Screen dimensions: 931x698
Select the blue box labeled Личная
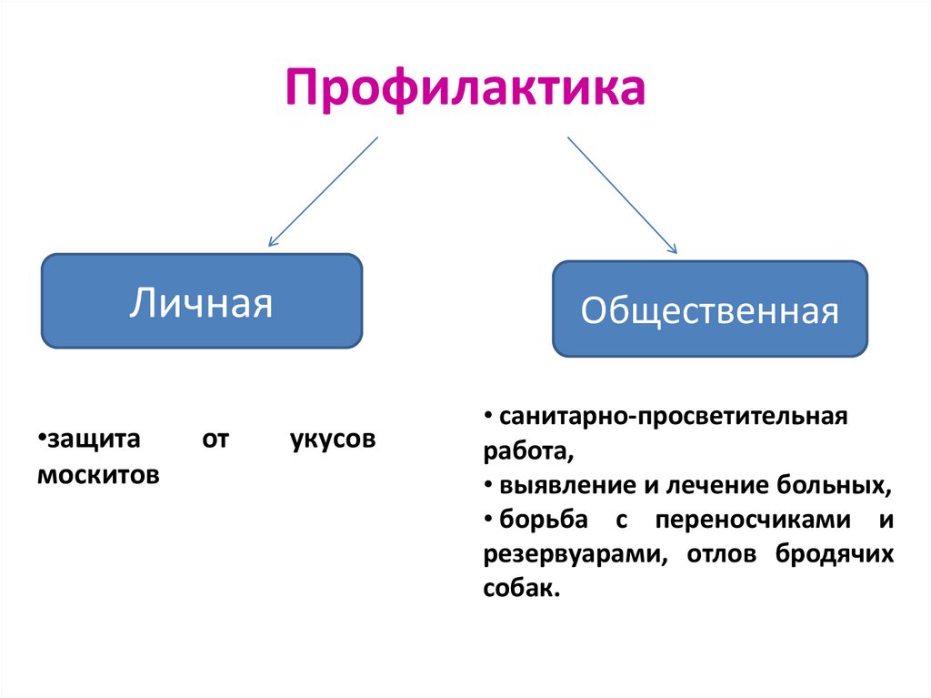(x=201, y=301)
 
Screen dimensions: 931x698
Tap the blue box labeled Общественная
(x=709, y=309)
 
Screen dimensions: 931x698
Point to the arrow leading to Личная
(x=322, y=191)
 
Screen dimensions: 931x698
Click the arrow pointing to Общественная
(x=622, y=194)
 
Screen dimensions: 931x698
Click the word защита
(x=92, y=440)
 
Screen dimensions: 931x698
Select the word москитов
(x=99, y=474)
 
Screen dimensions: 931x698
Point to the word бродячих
(x=836, y=554)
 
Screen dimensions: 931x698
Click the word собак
(x=519, y=588)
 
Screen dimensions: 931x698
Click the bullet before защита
(x=42, y=440)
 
